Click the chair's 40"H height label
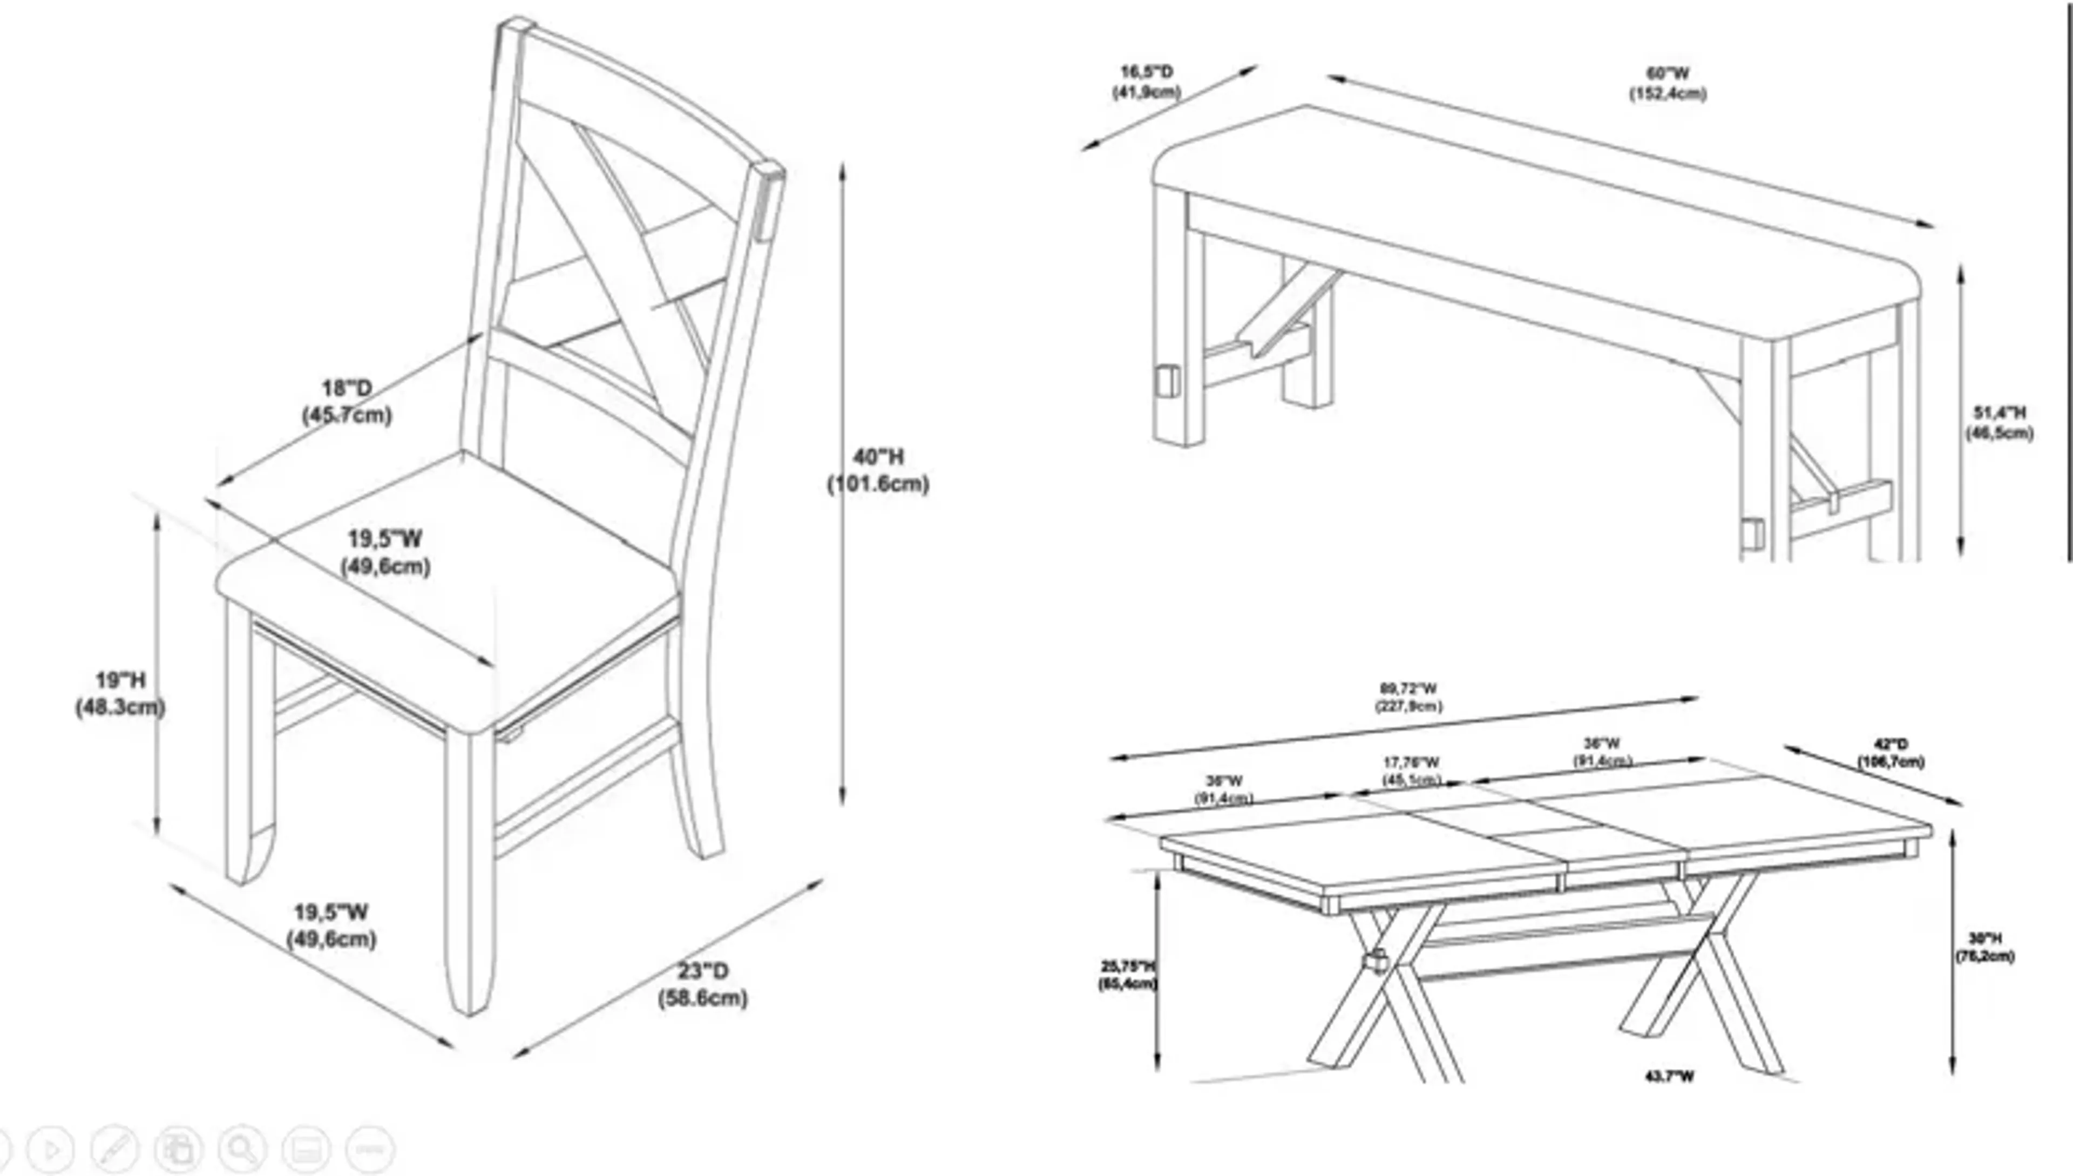click(878, 470)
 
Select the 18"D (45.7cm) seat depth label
click(347, 401)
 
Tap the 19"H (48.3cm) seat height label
click(120, 693)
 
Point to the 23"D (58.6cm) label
click(702, 984)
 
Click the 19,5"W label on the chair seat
click(385, 552)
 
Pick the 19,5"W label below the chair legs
click(331, 925)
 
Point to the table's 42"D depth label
click(1891, 753)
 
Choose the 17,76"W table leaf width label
click(1411, 771)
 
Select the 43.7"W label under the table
click(1669, 1076)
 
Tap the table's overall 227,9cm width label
click(1408, 697)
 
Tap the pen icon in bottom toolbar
click(114, 1148)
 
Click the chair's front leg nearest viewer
click(469, 873)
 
